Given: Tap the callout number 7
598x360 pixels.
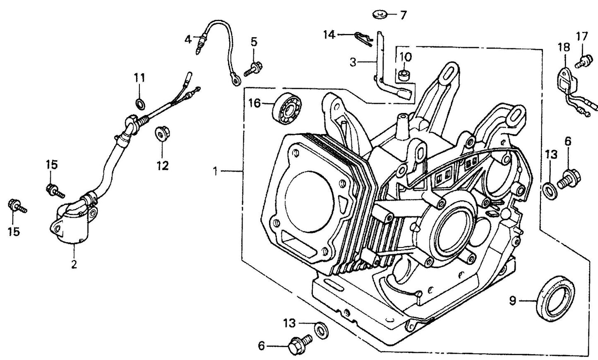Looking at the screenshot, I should (403, 16).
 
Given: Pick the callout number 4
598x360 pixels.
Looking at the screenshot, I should (188, 40).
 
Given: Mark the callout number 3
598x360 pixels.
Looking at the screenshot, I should (353, 62).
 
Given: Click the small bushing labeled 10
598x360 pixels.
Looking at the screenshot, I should (404, 76).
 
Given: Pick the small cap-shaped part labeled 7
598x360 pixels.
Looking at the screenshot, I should (379, 15).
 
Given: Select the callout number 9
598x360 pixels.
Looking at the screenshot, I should (513, 301).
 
